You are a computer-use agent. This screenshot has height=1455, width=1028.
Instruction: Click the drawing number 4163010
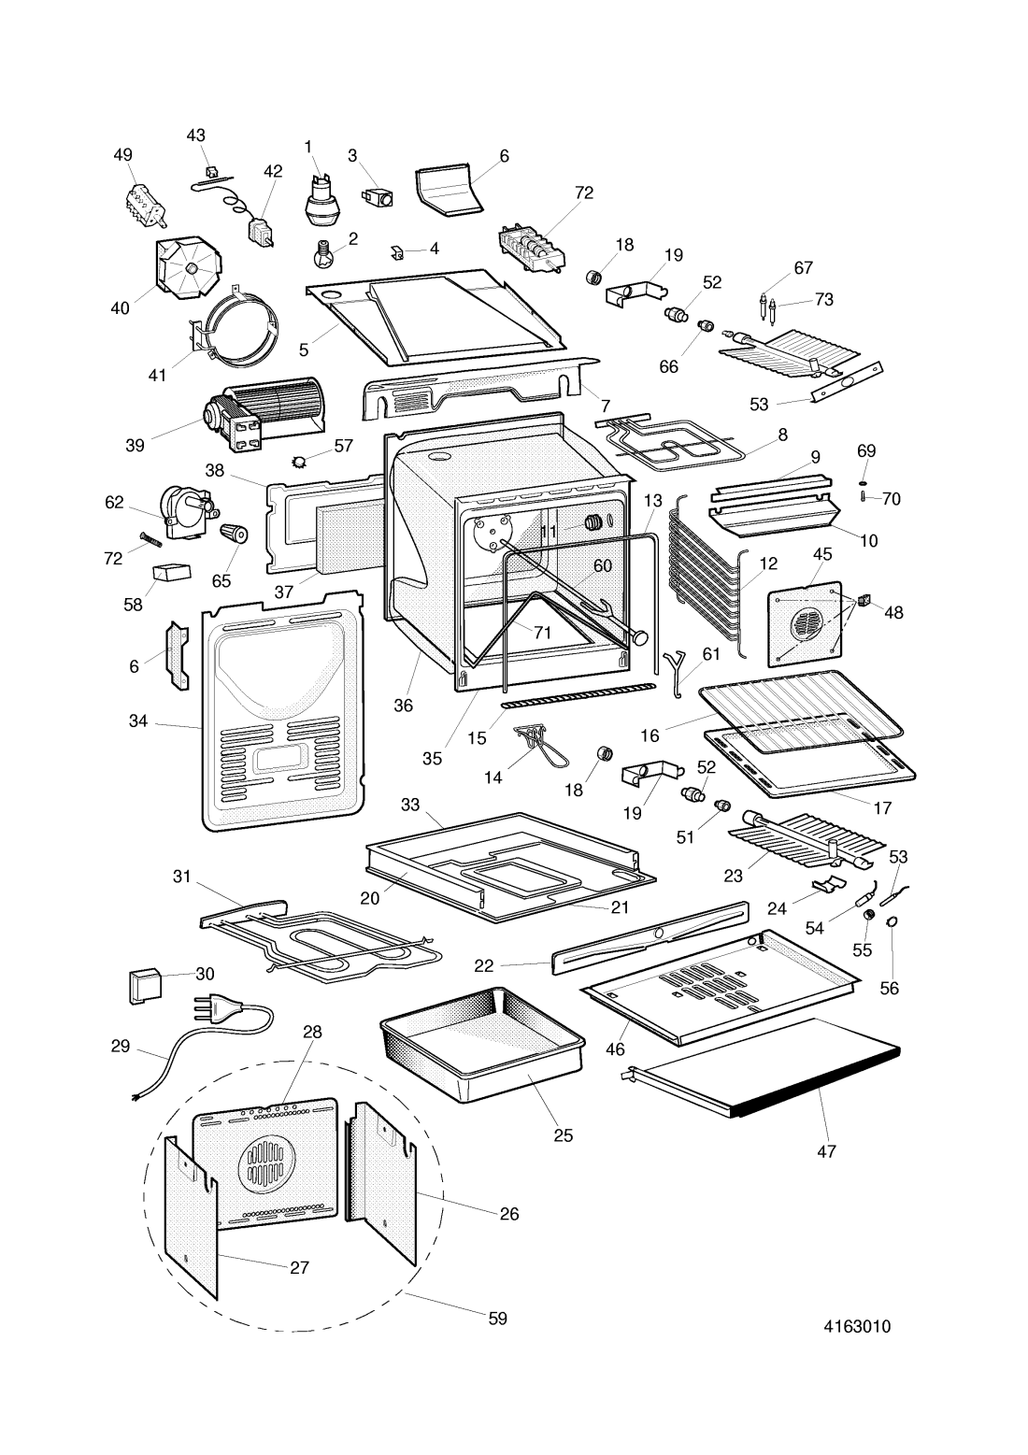(x=855, y=1326)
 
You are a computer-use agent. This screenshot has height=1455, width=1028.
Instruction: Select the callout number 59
(x=497, y=1318)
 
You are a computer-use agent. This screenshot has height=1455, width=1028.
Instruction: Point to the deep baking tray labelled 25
(x=481, y=1047)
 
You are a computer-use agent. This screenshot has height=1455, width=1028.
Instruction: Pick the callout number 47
(x=826, y=1152)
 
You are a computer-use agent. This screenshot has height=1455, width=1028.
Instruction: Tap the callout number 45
(x=822, y=553)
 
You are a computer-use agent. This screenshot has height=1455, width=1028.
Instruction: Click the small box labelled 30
(x=143, y=984)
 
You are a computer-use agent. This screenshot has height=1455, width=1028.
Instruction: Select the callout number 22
(x=483, y=966)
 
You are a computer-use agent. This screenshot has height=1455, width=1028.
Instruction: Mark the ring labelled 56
(x=891, y=923)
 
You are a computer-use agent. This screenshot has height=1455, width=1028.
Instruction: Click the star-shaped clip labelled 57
(x=300, y=462)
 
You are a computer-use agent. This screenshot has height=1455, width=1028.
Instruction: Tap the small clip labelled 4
(x=397, y=251)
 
